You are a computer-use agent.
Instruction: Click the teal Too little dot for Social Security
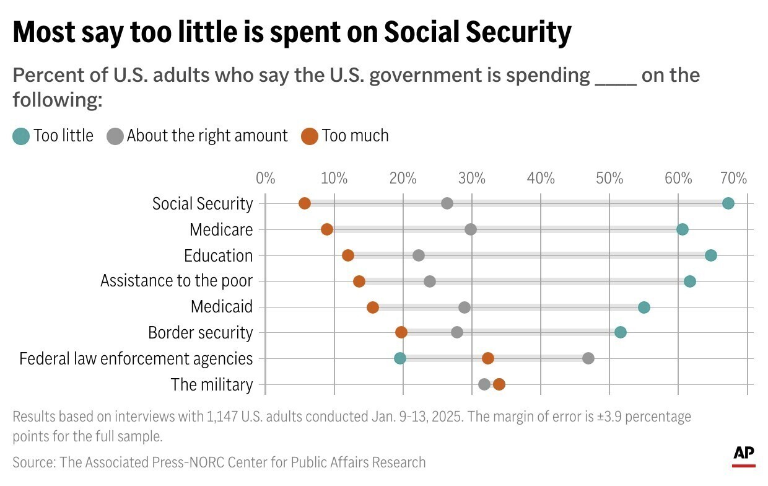pyautogui.click(x=728, y=203)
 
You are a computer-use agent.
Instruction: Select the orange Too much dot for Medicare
pyautogui.click(x=327, y=229)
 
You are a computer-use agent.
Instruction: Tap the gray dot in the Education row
pyautogui.click(x=419, y=255)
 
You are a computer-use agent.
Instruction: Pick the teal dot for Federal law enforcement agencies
pyautogui.click(x=400, y=358)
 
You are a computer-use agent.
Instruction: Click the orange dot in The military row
pyautogui.click(x=499, y=384)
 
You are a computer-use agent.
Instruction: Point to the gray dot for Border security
pyautogui.click(x=457, y=332)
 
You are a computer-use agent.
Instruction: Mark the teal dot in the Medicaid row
pyautogui.click(x=644, y=307)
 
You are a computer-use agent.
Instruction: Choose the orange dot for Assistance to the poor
pyautogui.click(x=359, y=281)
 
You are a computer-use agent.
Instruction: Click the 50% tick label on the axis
pyautogui.click(x=609, y=179)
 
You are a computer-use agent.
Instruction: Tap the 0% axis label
pyautogui.click(x=265, y=179)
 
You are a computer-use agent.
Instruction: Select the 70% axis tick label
pyautogui.click(x=734, y=179)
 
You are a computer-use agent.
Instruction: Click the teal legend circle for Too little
pyautogui.click(x=21, y=136)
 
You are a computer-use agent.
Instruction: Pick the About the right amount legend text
pyautogui.click(x=207, y=136)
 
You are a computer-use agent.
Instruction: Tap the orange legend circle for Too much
pyautogui.click(x=309, y=136)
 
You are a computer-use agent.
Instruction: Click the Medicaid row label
pyautogui.click(x=222, y=307)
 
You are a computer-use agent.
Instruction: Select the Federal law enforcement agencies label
pyautogui.click(x=136, y=358)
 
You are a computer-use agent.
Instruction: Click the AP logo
pyautogui.click(x=744, y=455)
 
